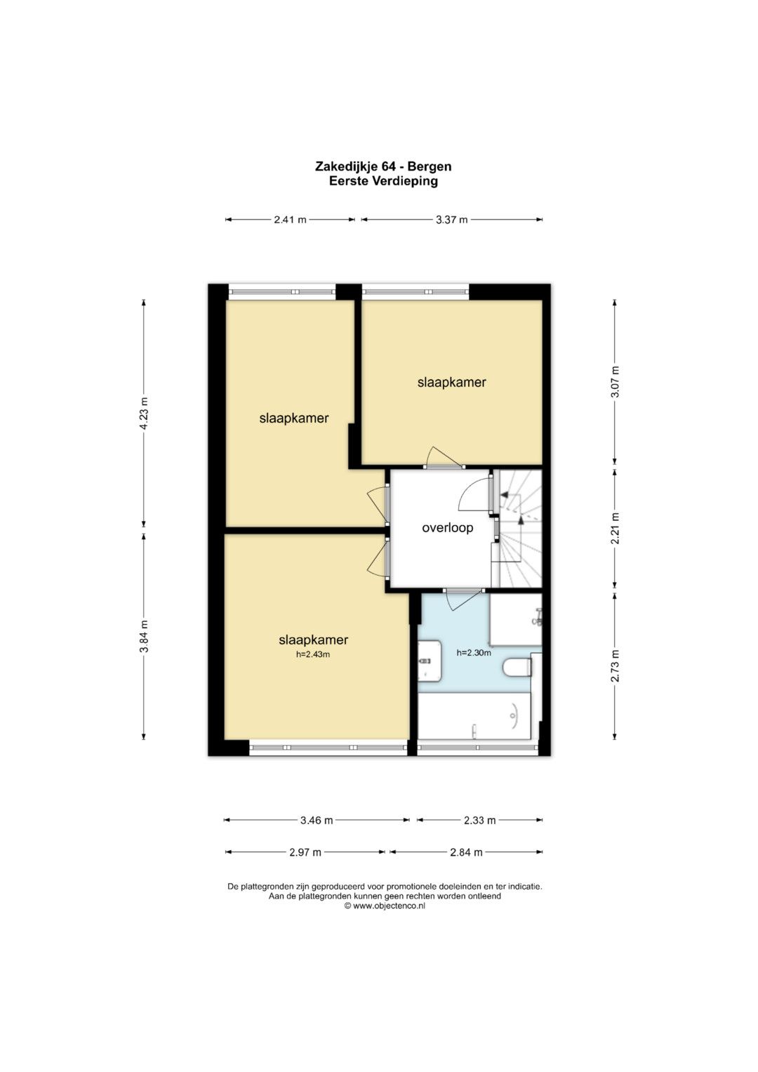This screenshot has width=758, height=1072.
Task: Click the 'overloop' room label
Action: pyautogui.click(x=448, y=528)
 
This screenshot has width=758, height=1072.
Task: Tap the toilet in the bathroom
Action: pyautogui.click(x=517, y=667)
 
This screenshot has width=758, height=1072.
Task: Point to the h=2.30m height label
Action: pyautogui.click(x=474, y=652)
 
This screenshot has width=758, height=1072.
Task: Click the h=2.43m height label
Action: pyautogui.click(x=313, y=655)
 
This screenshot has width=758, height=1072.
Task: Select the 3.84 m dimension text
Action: pyautogui.click(x=144, y=636)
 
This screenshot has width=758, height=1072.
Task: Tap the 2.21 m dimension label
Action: pyautogui.click(x=616, y=529)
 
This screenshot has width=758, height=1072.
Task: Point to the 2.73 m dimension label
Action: pyautogui.click(x=616, y=666)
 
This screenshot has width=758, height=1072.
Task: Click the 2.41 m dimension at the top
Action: pyautogui.click(x=290, y=220)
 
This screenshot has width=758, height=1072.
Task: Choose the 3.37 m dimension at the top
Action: pyautogui.click(x=452, y=220)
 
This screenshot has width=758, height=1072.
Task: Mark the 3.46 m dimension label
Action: pyautogui.click(x=317, y=820)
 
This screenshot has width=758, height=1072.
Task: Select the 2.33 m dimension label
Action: pyautogui.click(x=479, y=820)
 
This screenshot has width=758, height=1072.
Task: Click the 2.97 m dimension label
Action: pyautogui.click(x=305, y=852)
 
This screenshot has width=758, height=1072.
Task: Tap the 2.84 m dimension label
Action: pyautogui.click(x=467, y=852)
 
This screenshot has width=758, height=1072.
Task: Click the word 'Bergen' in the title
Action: pyautogui.click(x=430, y=167)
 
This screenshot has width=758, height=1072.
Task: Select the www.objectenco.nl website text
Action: pyautogui.click(x=389, y=906)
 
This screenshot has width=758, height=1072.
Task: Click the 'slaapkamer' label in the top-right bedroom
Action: pyautogui.click(x=452, y=383)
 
